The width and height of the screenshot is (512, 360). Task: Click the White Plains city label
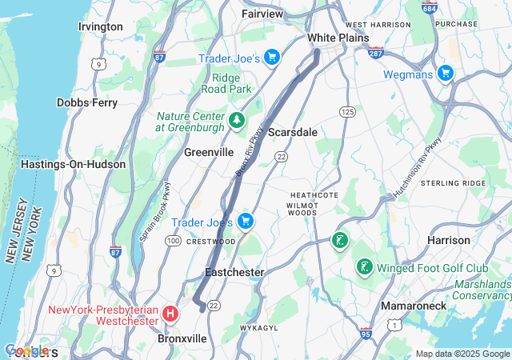pyautogui.click(x=338, y=38)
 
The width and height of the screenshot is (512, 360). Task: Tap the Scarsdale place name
pyautogui.click(x=292, y=131)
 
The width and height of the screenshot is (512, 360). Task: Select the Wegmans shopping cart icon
pyautogui.click(x=445, y=74)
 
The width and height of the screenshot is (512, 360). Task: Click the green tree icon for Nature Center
pyautogui.click(x=237, y=121)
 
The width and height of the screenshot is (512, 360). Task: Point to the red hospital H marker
pyautogui.click(x=170, y=314)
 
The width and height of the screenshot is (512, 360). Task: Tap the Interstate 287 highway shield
pyautogui.click(x=377, y=54)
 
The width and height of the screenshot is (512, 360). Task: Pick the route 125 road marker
pyautogui.click(x=346, y=110)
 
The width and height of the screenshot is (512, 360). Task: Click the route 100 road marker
pyautogui.click(x=172, y=240)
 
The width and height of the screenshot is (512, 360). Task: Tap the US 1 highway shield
pyautogui.click(x=394, y=323)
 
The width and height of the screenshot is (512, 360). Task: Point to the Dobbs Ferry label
pyautogui.click(x=87, y=102)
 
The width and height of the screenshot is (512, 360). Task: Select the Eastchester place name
pyautogui.click(x=234, y=272)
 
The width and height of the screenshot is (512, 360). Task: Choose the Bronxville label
pyautogui.click(x=182, y=338)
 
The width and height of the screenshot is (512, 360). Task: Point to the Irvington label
pyautogui.click(x=101, y=26)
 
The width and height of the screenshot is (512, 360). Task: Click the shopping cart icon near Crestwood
pyautogui.click(x=246, y=221)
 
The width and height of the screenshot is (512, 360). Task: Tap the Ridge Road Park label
pyautogui.click(x=226, y=83)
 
